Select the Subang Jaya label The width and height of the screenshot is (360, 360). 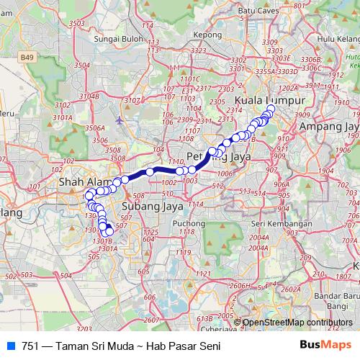click(152, 207)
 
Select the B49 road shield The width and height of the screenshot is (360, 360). click(27, 56)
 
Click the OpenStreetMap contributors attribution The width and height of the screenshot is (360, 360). click(297, 323)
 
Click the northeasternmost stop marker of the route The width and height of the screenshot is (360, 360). click(271, 109)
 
